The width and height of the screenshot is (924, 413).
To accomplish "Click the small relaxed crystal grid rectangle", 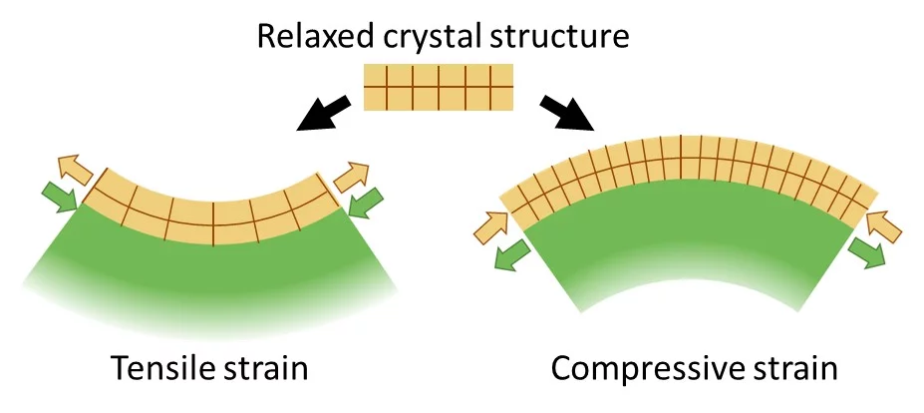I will (438, 87).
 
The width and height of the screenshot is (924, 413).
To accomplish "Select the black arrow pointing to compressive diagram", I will (562, 114).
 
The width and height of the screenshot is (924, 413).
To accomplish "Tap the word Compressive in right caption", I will (643, 370).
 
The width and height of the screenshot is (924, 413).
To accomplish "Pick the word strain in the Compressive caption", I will (793, 370).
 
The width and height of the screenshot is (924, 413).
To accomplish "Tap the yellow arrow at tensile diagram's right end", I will (352, 179).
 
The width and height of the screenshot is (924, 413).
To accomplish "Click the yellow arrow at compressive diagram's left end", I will (489, 227).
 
